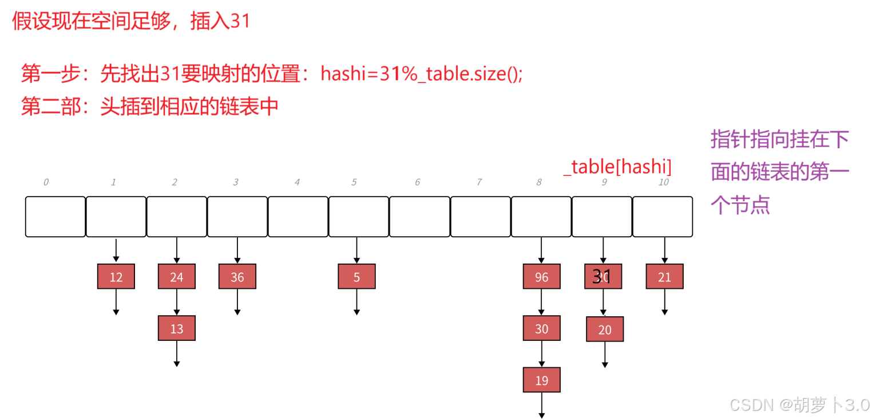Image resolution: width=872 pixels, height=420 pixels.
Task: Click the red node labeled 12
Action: [x=116, y=277]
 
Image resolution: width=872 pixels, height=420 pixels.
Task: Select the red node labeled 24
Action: [x=176, y=277]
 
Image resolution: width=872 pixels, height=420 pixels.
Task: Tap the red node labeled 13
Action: [x=176, y=328]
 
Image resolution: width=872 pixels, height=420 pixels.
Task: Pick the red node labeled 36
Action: [x=237, y=277]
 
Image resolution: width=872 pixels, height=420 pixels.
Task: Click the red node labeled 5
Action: [x=356, y=277]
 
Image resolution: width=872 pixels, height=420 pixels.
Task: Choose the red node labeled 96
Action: [x=541, y=277]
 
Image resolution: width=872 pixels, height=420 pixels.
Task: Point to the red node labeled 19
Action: [x=541, y=380]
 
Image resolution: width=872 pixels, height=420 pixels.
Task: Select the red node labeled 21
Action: [x=664, y=277]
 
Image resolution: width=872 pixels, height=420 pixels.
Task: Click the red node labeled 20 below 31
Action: [x=605, y=329]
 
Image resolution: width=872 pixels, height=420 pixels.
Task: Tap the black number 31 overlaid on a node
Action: [x=601, y=276]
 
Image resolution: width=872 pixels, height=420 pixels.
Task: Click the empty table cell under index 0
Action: [x=56, y=217]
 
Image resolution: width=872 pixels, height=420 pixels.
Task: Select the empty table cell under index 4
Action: [x=298, y=217]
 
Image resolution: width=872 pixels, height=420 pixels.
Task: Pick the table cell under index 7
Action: [x=481, y=217]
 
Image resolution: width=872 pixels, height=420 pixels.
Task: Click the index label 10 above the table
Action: [x=664, y=182]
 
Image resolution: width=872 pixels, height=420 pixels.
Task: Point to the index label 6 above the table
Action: [x=417, y=182]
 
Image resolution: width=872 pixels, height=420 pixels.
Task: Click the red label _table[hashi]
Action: [x=618, y=167]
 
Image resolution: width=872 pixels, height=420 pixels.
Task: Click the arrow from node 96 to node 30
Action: [x=541, y=303]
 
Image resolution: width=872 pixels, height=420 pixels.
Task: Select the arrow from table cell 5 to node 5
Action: [x=356, y=250]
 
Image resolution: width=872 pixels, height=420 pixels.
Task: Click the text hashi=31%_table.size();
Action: [x=422, y=74]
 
